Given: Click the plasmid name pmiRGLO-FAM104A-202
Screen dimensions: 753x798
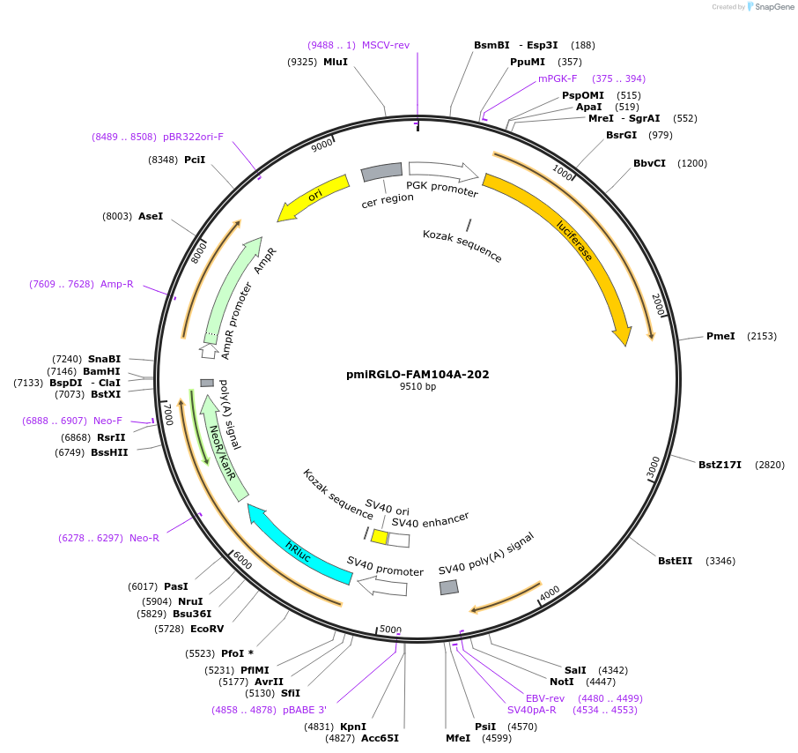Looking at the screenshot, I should point(417,374).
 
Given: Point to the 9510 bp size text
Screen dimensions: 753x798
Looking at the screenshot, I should point(417,387).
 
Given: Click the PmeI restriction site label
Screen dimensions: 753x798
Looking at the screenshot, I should point(720,336).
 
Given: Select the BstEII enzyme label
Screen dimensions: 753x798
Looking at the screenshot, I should point(676,561).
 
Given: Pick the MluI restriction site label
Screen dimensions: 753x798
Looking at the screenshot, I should point(336,62).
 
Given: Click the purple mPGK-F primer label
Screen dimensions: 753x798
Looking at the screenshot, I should point(558,78).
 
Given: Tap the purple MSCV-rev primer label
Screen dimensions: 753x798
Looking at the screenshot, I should point(386,45).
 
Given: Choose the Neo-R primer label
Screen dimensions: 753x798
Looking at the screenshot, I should point(144,538).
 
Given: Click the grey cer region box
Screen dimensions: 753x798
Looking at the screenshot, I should point(382,173).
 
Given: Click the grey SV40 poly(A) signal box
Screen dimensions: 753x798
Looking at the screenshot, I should point(449,587).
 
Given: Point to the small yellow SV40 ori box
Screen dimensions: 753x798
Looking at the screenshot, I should point(379,536).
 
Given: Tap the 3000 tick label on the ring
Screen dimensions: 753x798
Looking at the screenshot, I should point(653,467).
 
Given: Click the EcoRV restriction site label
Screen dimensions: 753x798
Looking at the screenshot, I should point(207,629).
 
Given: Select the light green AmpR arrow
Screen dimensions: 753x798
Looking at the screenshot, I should point(231,291).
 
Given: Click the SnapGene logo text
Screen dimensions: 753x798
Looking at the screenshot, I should point(773,7).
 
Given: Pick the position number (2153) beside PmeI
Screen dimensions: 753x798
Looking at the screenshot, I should point(762,336).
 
